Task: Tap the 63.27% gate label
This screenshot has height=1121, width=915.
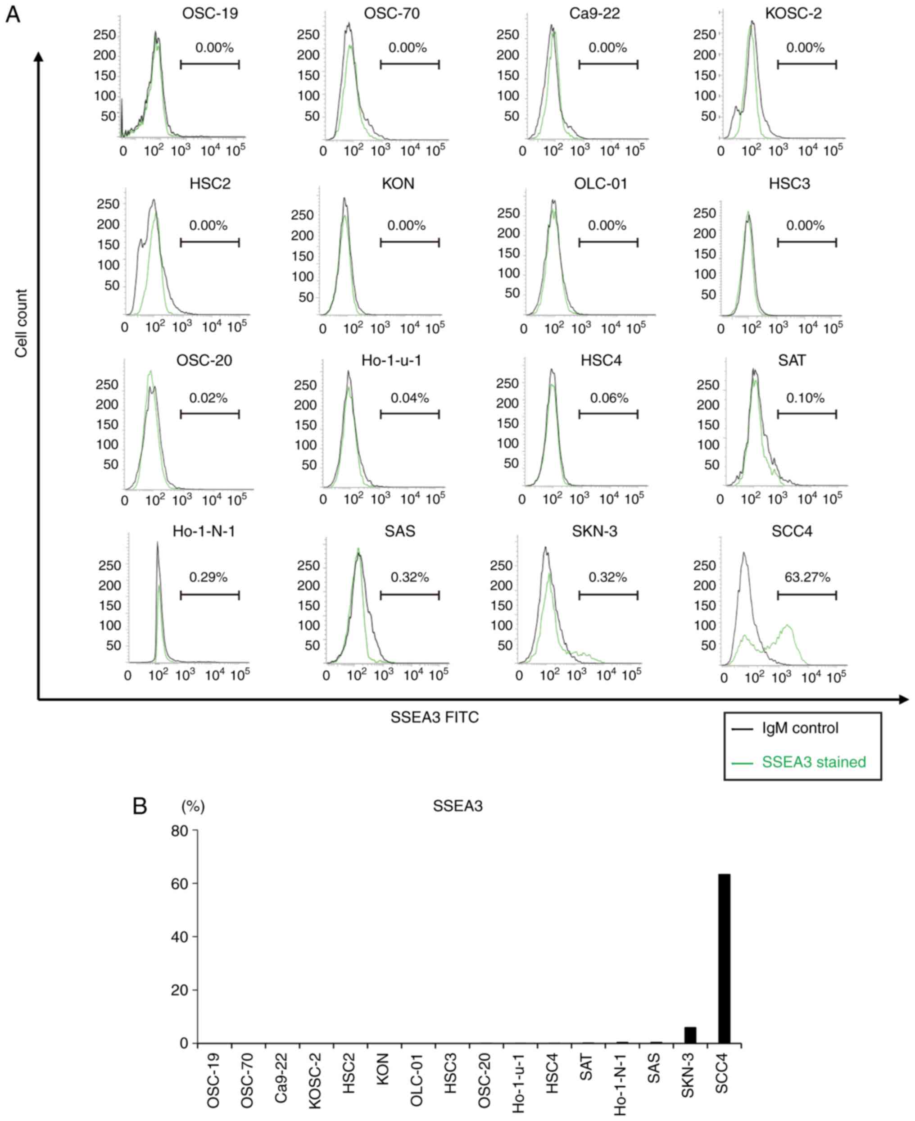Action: coord(807,578)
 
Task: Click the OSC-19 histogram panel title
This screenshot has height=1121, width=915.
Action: coord(210,13)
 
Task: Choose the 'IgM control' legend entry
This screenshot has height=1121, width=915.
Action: coord(800,728)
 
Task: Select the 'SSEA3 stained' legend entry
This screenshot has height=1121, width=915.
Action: coord(813,762)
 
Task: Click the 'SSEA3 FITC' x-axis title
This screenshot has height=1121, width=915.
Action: coord(434,717)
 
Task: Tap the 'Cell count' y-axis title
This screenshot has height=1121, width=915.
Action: coord(21,323)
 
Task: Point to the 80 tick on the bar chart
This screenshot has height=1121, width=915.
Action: coord(180,831)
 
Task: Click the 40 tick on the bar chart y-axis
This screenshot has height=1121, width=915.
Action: coord(180,936)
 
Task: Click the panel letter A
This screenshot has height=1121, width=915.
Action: coord(13,14)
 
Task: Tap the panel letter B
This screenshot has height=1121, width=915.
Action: coord(140,806)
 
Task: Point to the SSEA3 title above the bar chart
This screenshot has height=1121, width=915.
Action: coord(457,806)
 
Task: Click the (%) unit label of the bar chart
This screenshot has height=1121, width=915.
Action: coord(193,806)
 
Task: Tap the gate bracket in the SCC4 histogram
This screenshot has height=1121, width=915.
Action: coord(806,595)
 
